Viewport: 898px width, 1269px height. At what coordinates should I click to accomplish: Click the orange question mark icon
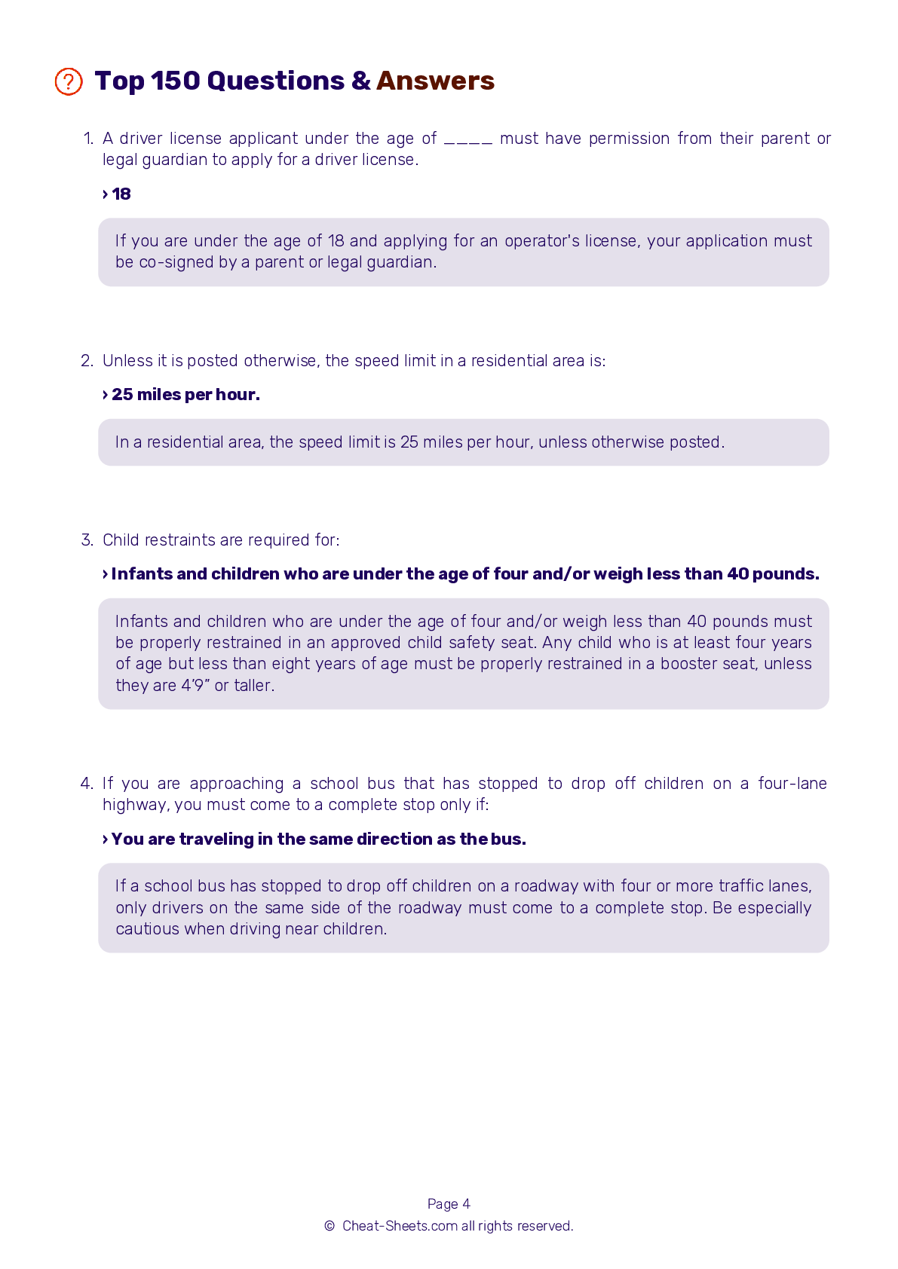(x=69, y=81)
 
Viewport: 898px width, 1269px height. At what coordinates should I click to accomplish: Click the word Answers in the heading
(x=435, y=81)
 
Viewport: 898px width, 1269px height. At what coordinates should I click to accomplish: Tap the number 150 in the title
(x=175, y=81)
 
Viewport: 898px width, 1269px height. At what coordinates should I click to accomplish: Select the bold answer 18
(x=121, y=194)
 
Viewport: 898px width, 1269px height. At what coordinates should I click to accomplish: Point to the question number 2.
(x=86, y=361)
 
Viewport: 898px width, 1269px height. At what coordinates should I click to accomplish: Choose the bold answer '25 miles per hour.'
(x=185, y=395)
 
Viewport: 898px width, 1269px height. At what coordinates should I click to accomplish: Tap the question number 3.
(x=86, y=540)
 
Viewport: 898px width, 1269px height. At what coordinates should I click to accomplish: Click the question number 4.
(x=86, y=784)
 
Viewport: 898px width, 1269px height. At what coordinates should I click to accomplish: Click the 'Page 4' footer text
(x=449, y=1204)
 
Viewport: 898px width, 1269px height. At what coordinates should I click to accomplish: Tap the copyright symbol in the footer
(x=329, y=1226)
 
